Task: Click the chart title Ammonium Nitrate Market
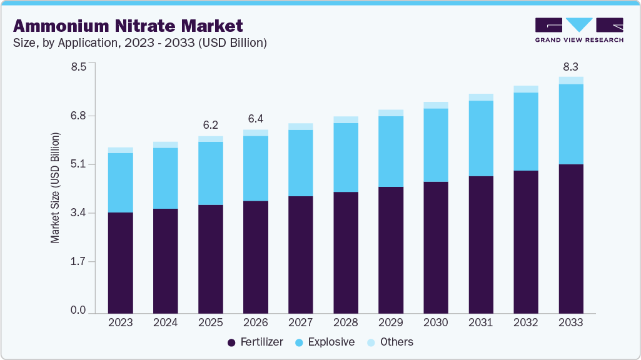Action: pos(128,26)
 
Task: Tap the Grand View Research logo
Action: pos(578,30)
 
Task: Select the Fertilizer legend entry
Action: pos(255,342)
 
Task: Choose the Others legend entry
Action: pos(390,342)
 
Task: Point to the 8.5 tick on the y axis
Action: pos(78,67)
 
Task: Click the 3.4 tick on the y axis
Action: pos(78,213)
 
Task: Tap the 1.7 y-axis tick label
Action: pos(78,262)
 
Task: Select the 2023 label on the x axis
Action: pos(120,322)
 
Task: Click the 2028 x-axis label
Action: pos(346,322)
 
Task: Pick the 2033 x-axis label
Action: pos(571,322)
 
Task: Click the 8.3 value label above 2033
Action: pos(571,66)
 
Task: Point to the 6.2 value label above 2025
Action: pos(211,125)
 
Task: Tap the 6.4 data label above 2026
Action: pos(256,119)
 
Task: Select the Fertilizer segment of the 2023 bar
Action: pos(120,262)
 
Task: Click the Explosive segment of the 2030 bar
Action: pos(436,145)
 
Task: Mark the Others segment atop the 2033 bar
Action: pos(571,81)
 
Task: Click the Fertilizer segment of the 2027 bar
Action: pos(301,254)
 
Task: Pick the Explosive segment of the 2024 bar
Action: pos(165,178)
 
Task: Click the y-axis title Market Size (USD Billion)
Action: pos(56,188)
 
